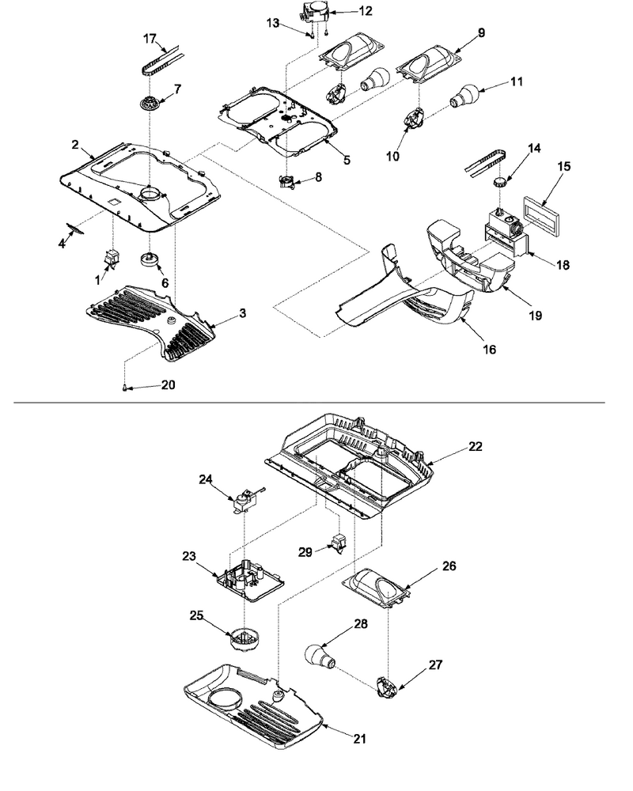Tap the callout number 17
pyautogui.click(x=150, y=39)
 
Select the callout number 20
pyautogui.click(x=168, y=385)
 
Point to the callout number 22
pyautogui.click(x=475, y=446)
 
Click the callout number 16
pyautogui.click(x=489, y=349)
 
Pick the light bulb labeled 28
pyautogui.click(x=320, y=657)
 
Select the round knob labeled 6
pyautogui.click(x=150, y=259)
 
